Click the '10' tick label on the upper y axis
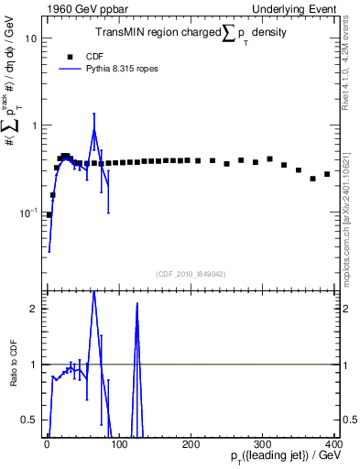30,39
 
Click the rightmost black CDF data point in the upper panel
327,174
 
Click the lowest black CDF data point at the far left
49,214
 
